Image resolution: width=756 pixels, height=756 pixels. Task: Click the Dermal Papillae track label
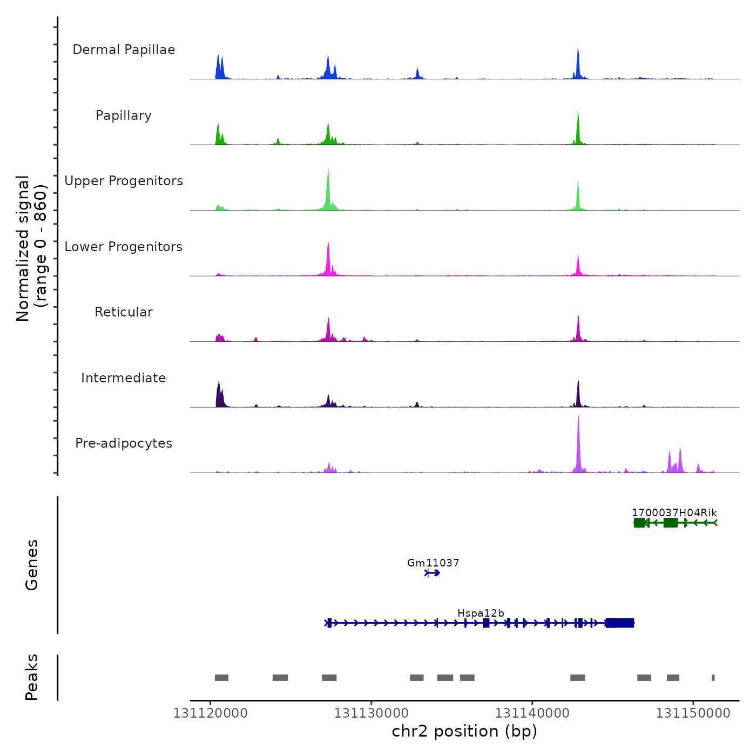tap(124, 50)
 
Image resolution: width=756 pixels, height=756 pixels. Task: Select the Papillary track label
tap(124, 116)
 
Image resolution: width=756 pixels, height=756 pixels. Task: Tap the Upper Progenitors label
tap(124, 181)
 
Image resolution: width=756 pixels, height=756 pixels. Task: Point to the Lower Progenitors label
tap(124, 247)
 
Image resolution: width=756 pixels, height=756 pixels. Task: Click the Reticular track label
tap(124, 312)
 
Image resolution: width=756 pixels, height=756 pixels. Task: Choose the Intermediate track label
tap(124, 378)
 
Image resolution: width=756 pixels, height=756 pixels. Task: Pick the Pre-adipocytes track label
tap(124, 443)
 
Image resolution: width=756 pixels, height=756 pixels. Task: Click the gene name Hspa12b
tap(481, 613)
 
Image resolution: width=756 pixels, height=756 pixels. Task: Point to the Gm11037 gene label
tap(433, 563)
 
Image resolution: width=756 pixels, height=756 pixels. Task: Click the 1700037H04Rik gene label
tap(674, 512)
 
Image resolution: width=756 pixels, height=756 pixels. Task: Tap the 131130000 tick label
tap(372, 713)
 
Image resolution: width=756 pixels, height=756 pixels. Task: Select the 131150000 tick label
tap(693, 713)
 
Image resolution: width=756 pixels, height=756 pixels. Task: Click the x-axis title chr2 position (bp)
tap(464, 731)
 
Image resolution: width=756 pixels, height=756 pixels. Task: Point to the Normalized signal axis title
tap(31, 248)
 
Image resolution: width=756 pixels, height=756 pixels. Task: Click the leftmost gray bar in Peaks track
tap(221, 678)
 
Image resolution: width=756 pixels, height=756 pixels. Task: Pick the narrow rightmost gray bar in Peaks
tap(713, 678)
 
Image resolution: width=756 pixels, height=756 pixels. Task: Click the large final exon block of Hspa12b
tap(620, 623)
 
